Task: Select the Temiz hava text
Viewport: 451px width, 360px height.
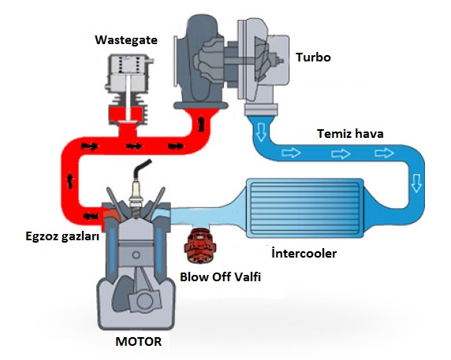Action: [x=348, y=133]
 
